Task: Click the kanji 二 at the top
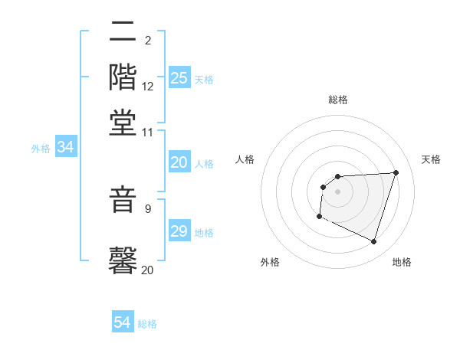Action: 123,34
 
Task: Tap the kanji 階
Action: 123,78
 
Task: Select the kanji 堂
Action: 123,123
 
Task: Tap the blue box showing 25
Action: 179,78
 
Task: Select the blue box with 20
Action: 179,162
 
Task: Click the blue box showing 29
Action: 179,231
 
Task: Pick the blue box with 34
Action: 65,148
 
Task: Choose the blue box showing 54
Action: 123,322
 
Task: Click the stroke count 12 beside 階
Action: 148,87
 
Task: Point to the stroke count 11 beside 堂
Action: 148,132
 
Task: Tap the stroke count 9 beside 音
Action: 148,208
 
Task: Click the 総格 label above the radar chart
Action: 337,100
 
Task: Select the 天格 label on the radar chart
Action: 432,159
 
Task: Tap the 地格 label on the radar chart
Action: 402,262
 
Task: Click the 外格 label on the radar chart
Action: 270,262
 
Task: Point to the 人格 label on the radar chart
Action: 245,159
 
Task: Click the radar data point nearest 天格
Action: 396,172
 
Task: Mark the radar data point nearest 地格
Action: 373,242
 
